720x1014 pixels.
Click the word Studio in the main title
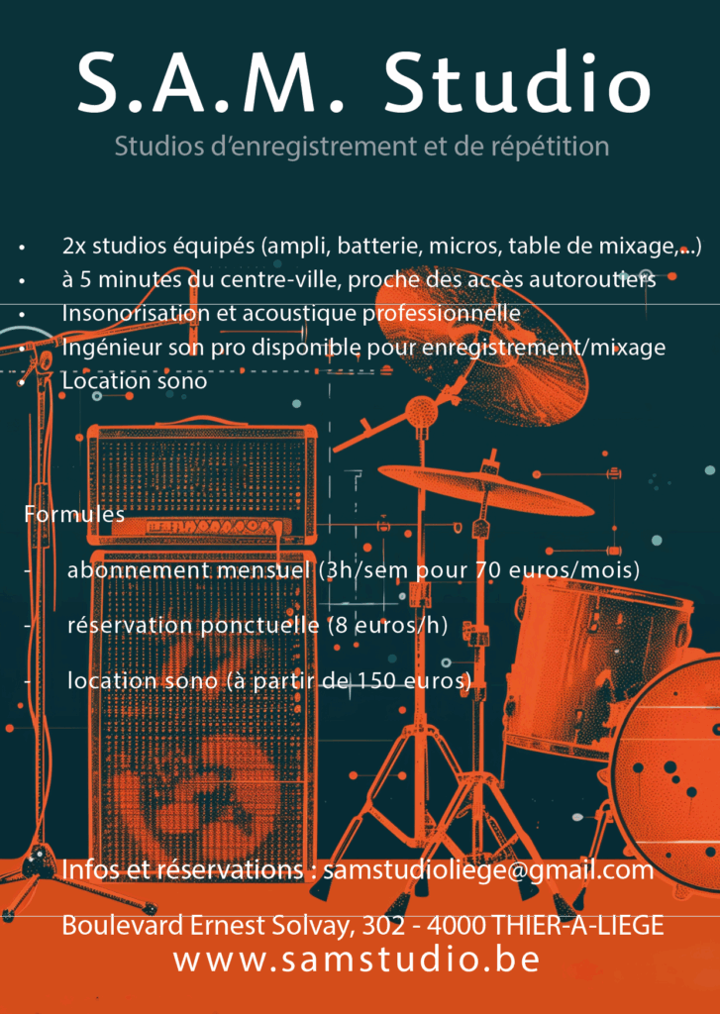coord(517,82)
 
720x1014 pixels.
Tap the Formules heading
coord(74,514)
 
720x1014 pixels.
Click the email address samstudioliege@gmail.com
coord(488,870)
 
